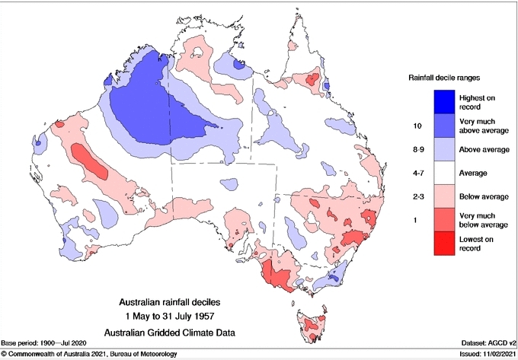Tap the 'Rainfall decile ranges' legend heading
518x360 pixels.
(x=446, y=76)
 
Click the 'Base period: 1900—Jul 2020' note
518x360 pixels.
(x=50, y=344)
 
